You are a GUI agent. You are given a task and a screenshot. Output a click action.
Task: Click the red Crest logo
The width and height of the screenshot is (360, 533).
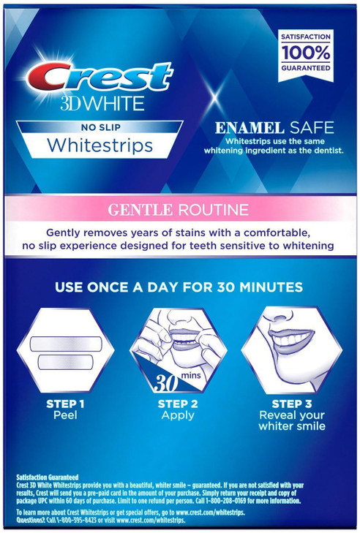point(100,76)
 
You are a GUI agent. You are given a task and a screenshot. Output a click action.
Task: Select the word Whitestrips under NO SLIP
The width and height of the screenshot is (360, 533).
point(100,145)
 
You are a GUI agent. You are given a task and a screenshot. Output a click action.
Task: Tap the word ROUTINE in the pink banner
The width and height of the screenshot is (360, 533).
point(211,210)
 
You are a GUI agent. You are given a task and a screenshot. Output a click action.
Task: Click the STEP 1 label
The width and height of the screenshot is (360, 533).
point(66,403)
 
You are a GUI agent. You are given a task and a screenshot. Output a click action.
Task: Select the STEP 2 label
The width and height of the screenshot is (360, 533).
point(178,403)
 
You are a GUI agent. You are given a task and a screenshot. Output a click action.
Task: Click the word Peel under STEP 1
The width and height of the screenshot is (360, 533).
point(66,415)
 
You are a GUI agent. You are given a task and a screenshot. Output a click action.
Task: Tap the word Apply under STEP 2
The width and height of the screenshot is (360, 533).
point(178,415)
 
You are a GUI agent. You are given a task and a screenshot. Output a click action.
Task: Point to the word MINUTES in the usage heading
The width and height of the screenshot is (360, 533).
point(264,287)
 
